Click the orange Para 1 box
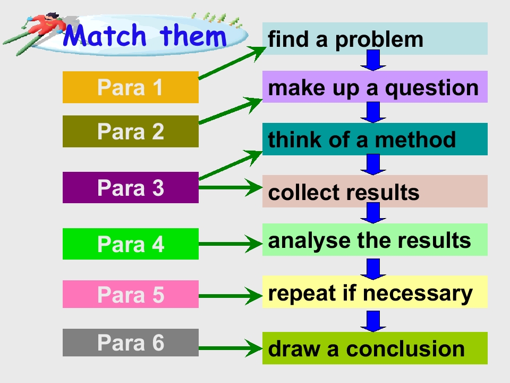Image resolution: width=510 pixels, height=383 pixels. tap(131, 87)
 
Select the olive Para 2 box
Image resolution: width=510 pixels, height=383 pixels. tap(131, 131)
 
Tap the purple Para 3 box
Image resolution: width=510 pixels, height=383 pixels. tap(131, 188)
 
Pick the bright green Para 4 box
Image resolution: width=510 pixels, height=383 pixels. tap(131, 244)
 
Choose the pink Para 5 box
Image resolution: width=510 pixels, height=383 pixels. tap(131, 294)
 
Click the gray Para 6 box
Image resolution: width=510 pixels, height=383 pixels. tap(131, 342)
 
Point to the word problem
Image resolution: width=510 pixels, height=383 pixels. tap(379, 40)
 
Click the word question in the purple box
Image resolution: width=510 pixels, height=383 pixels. tap(432, 89)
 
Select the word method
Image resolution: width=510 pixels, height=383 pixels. tap(415, 139)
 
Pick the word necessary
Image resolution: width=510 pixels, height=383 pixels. tap(418, 294)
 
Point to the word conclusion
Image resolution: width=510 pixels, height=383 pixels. tap(405, 349)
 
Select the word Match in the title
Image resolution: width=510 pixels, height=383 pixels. tap(104, 35)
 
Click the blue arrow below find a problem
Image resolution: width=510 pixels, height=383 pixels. tap(373, 60)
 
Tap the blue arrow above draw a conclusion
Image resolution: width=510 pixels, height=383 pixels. tap(373, 321)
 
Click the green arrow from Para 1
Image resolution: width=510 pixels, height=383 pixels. tap(232, 63)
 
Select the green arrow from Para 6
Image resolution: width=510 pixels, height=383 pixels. tap(231, 348)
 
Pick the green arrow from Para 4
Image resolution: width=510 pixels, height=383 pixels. tap(231, 244)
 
